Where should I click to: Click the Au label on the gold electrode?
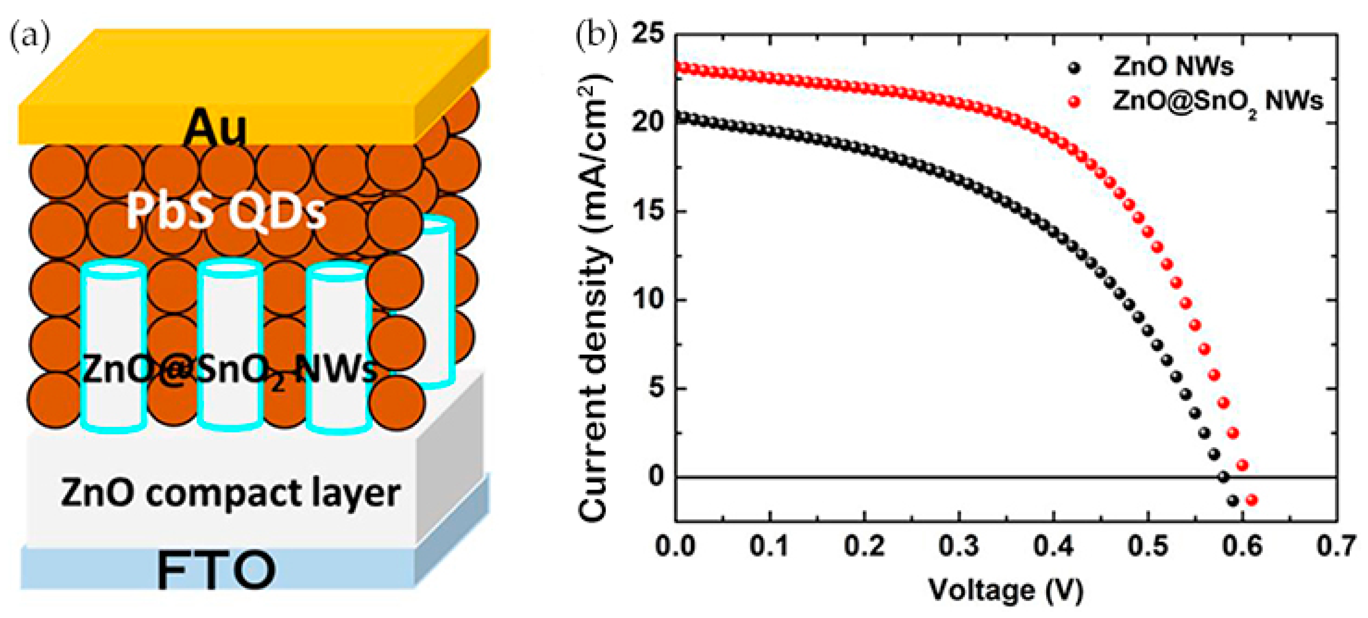215,128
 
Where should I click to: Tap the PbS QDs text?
225,212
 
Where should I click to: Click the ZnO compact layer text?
230,493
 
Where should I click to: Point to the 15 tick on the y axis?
648,212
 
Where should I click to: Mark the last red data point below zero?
1251,500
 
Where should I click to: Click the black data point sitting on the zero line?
1223,477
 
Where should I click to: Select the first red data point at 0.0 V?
677,67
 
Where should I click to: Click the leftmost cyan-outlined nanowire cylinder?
114,348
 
